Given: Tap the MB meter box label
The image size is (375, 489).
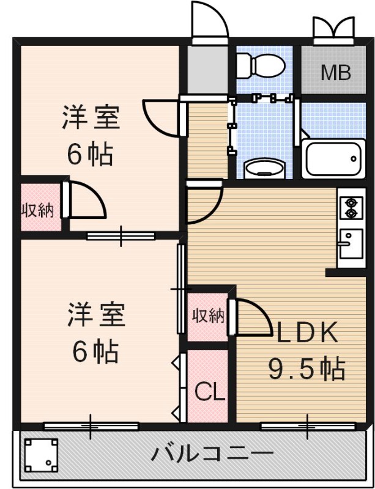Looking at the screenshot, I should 336,73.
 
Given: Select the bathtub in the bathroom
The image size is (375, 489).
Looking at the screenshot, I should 333,159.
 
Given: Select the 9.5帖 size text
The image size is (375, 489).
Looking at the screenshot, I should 306,369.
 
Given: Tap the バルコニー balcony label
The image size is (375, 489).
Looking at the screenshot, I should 212,455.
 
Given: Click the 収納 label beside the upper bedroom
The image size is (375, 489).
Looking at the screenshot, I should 38,211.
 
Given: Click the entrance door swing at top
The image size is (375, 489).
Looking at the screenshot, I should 210,21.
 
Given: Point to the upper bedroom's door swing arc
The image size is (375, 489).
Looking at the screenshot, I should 160,117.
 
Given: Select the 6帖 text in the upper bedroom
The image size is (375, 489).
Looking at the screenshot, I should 90,155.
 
